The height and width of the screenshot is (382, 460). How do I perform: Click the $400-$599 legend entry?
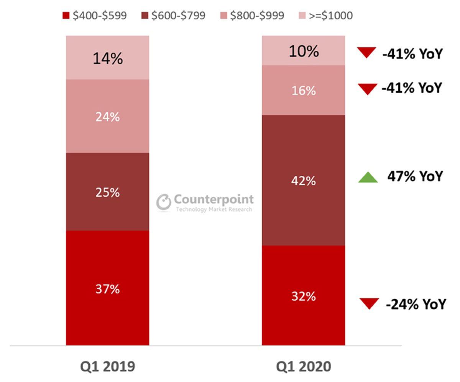pos(95,16)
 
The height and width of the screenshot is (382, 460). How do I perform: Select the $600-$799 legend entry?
pos(174,16)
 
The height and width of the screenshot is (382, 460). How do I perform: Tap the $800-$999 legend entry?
pos(253,16)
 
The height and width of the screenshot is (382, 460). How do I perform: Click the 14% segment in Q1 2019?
pos(107,58)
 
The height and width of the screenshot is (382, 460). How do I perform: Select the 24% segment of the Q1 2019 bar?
pos(107,116)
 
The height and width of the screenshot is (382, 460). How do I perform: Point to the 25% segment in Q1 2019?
pos(107,192)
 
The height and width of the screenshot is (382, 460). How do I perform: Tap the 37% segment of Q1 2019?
pos(107,288)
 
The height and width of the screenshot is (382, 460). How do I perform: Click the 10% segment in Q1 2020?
pos(303,51)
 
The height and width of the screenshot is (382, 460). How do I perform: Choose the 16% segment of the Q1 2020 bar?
pos(303,91)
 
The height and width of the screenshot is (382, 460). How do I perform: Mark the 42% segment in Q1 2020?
pos(303,180)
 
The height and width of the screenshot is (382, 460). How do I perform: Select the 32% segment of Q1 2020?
pos(303,296)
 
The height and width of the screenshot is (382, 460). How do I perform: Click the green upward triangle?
pos(368,177)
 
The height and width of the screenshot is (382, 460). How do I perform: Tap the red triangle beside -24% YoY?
pos(370,303)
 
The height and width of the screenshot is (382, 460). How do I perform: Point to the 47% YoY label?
pos(415,176)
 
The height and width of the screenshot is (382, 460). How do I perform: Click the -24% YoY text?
pos(416,304)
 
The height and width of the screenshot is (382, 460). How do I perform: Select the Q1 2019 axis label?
pos(107,366)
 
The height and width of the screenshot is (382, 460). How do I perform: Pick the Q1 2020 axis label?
pos(303,366)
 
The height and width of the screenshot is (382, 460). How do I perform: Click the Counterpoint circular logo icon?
pos(164,202)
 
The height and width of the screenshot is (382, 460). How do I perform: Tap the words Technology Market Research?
pos(214,209)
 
